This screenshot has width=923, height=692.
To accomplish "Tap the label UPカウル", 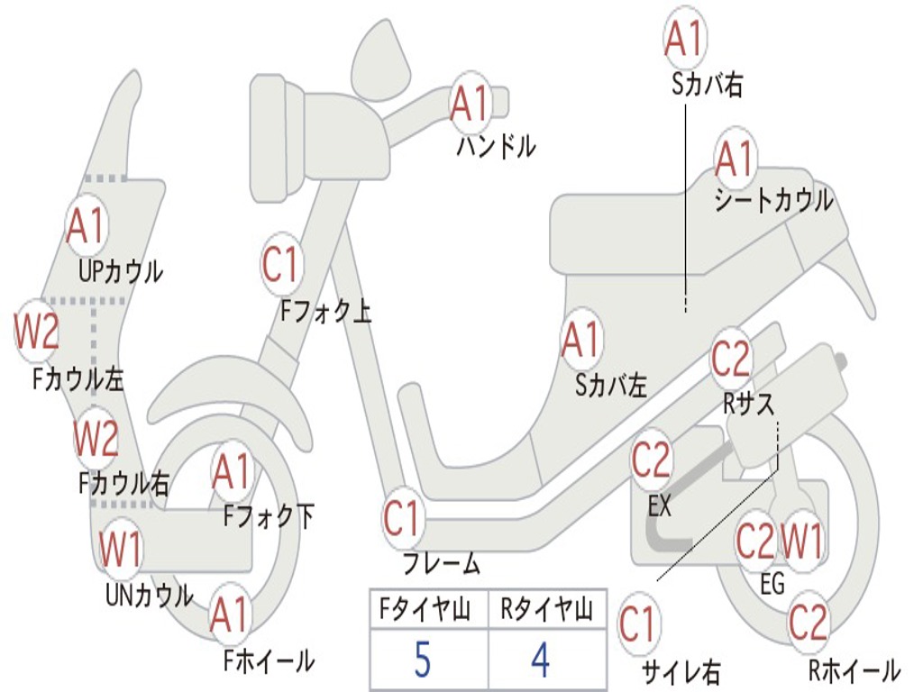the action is coord(120,270).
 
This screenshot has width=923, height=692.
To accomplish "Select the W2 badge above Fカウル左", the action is coord(38,332).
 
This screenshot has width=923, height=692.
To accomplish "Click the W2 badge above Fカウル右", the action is coord(96,438).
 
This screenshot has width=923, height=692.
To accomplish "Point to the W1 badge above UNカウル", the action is coord(121,548).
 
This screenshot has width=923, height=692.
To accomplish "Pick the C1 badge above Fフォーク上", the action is coord(280,265).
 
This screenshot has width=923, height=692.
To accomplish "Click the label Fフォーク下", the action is coord(269,517).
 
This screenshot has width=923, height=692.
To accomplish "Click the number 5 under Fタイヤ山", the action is coord(422,660).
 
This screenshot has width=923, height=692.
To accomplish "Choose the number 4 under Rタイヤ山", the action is coord(541,660).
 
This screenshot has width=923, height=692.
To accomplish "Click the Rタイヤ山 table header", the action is coord(546,612).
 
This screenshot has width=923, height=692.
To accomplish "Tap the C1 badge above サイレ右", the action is coord(638,624).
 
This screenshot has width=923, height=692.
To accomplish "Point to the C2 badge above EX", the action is coord(652,460).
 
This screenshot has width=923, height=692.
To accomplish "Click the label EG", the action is coord(772,584).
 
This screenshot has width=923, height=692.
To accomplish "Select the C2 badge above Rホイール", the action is coord(808,622).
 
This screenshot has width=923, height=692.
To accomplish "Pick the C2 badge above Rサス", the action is coord(731,359).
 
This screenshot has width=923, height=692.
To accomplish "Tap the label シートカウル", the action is coord(773,201).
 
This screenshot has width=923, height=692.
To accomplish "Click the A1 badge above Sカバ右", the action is coord(683,38).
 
